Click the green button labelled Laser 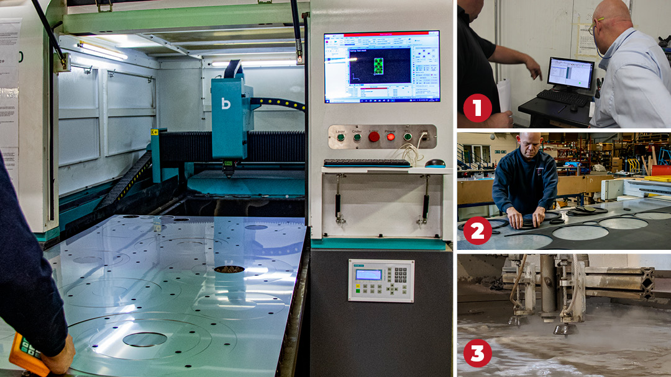pos(340,137)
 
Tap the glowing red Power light pos(390,137)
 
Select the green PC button pos(408,136)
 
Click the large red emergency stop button pos(373,136)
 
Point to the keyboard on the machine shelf pos(367,163)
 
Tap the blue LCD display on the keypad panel pos(368,274)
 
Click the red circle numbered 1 pos(478,108)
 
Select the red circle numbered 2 pos(478,231)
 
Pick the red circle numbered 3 pos(478,353)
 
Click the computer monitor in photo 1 pos(570,74)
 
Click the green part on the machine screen pos(378,66)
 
